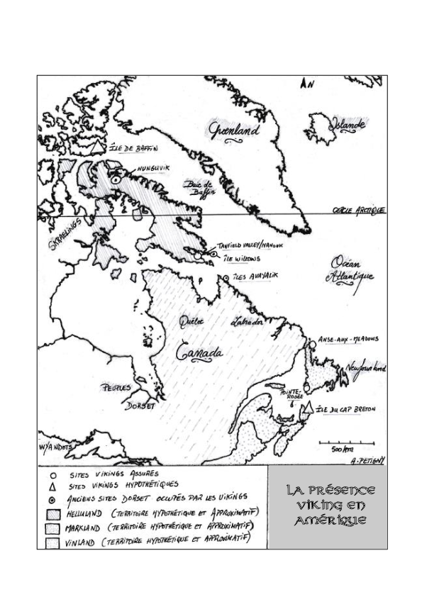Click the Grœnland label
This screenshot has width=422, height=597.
pyautogui.click(x=235, y=130)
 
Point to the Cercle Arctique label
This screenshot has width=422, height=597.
pyautogui.click(x=359, y=211)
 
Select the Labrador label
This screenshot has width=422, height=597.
pyautogui.click(x=245, y=323)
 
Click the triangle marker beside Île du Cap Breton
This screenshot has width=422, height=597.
pyautogui.click(x=306, y=409)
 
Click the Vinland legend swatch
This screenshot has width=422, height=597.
pyautogui.click(x=52, y=542)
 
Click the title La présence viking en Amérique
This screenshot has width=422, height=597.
pyautogui.click(x=327, y=506)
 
